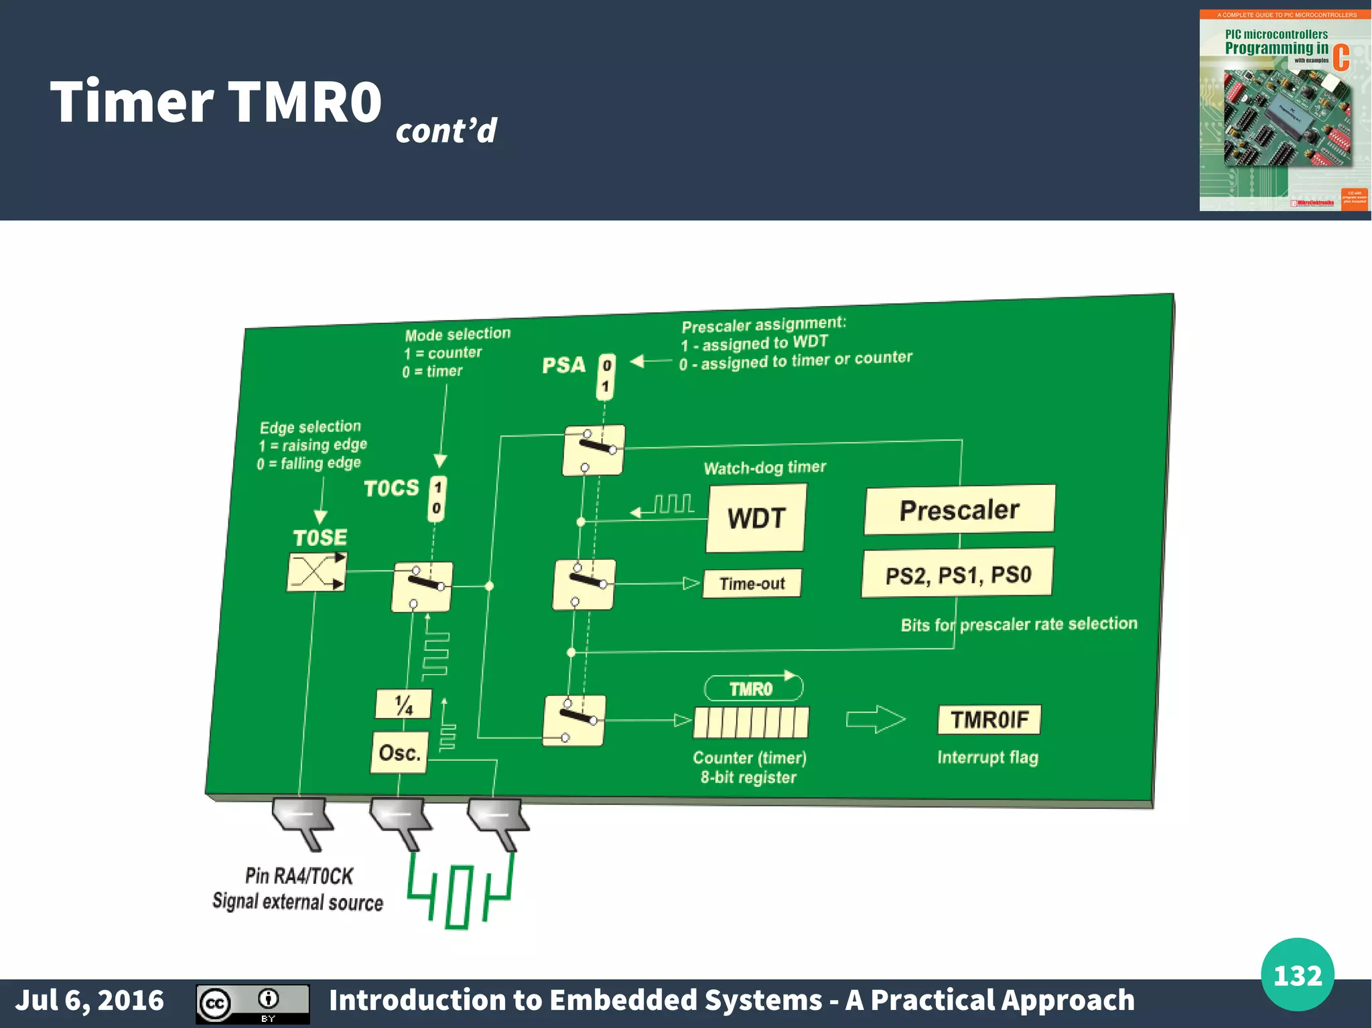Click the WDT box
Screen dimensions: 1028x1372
(x=756, y=518)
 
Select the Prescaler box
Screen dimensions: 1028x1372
(x=959, y=510)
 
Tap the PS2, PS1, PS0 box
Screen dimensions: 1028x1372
(x=957, y=574)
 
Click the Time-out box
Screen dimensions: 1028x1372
(x=752, y=583)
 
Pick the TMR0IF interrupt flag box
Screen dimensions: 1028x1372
(x=989, y=720)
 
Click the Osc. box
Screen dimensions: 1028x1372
(x=399, y=752)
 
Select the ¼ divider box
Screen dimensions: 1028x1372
(x=403, y=704)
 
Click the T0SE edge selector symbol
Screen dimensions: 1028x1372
(x=317, y=572)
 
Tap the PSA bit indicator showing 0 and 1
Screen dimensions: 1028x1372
(x=606, y=376)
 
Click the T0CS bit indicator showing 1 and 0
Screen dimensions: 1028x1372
(x=437, y=498)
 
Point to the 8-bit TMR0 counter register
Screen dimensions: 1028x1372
(x=750, y=723)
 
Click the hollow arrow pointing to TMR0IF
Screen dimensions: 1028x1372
(x=875, y=720)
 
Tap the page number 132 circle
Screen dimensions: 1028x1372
(x=1297, y=975)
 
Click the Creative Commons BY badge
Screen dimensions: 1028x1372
(x=253, y=1003)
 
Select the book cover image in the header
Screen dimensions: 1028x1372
(x=1284, y=111)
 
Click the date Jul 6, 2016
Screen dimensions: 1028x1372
(x=89, y=1000)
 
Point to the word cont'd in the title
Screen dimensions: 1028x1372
(x=446, y=130)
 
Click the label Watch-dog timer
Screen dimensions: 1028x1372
(x=764, y=467)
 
